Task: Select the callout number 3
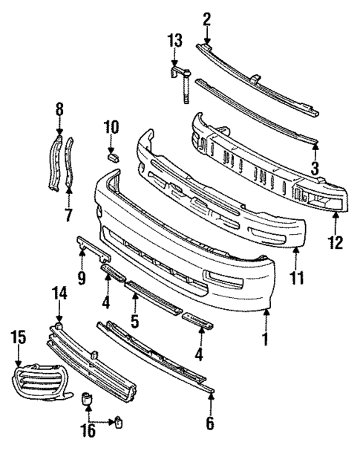315,169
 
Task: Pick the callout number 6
210,424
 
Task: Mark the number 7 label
68,216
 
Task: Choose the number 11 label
297,279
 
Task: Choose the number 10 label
111,127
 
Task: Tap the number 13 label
174,40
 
